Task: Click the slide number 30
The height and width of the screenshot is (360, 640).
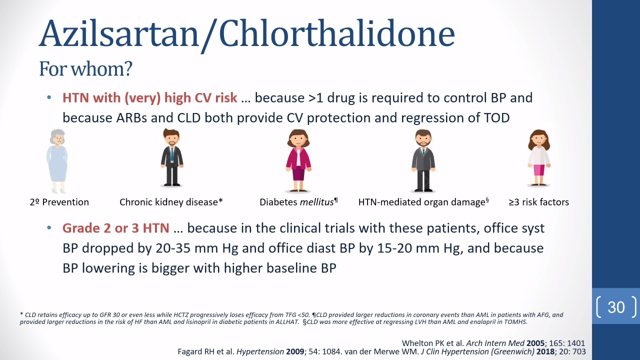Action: click(x=616, y=307)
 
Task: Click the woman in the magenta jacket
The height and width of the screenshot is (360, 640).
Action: click(x=298, y=160)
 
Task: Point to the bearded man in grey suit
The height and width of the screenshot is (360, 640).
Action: click(x=423, y=160)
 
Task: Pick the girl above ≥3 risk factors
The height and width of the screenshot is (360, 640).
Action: click(x=539, y=158)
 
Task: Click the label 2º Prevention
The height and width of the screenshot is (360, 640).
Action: click(x=59, y=202)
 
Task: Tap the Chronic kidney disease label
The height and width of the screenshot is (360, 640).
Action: click(x=171, y=202)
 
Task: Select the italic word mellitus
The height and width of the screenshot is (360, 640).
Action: click(x=317, y=202)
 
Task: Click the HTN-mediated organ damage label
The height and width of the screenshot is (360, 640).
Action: click(x=423, y=202)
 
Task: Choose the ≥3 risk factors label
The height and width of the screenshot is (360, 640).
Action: click(x=539, y=202)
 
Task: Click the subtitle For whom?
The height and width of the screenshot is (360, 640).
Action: click(x=85, y=69)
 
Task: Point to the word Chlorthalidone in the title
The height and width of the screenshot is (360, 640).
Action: click(x=337, y=33)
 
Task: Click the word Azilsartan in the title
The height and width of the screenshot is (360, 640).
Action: click(x=119, y=33)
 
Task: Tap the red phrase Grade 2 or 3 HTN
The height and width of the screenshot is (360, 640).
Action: click(x=116, y=228)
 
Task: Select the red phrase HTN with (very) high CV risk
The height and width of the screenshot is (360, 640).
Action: click(x=149, y=98)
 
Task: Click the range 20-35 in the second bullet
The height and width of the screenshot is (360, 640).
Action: click(x=173, y=248)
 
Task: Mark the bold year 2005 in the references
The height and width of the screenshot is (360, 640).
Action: click(x=535, y=343)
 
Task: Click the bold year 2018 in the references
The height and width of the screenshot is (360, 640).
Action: click(x=545, y=351)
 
